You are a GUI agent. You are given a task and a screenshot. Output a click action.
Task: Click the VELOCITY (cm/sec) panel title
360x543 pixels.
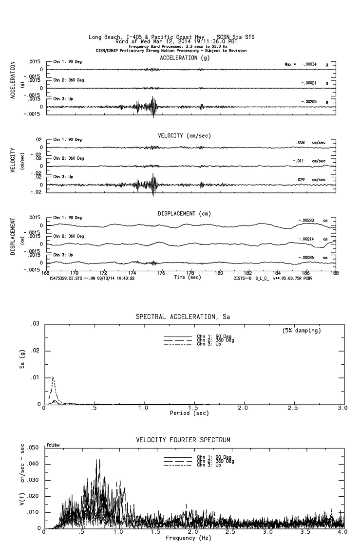pos(184,135)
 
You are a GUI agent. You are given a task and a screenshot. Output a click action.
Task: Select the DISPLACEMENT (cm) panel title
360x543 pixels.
pos(184,214)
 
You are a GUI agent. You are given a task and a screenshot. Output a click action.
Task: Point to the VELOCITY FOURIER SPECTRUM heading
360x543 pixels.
pos(183,440)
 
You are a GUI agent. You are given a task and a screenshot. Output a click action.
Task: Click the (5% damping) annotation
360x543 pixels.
pos(302,331)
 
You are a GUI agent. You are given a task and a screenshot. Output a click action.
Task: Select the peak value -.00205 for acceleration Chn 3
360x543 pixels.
pos(310,102)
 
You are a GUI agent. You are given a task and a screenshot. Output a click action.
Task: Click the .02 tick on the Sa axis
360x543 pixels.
pos(35,351)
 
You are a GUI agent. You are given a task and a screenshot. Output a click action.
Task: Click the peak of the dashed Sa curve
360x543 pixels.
pos(53,377)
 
